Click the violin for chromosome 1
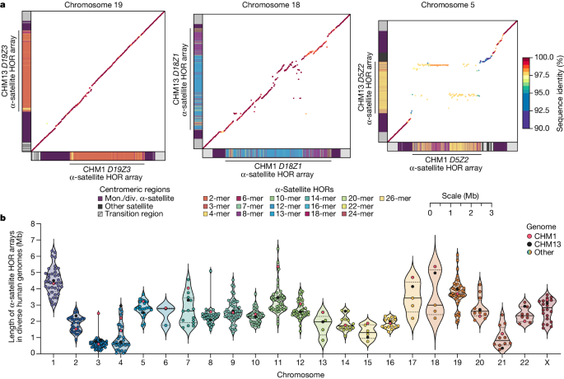pyautogui.click(x=54, y=284)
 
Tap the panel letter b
pyautogui.click(x=5, y=218)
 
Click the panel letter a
pyautogui.click(x=5, y=7)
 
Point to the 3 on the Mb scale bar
pyautogui.click(x=492, y=213)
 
